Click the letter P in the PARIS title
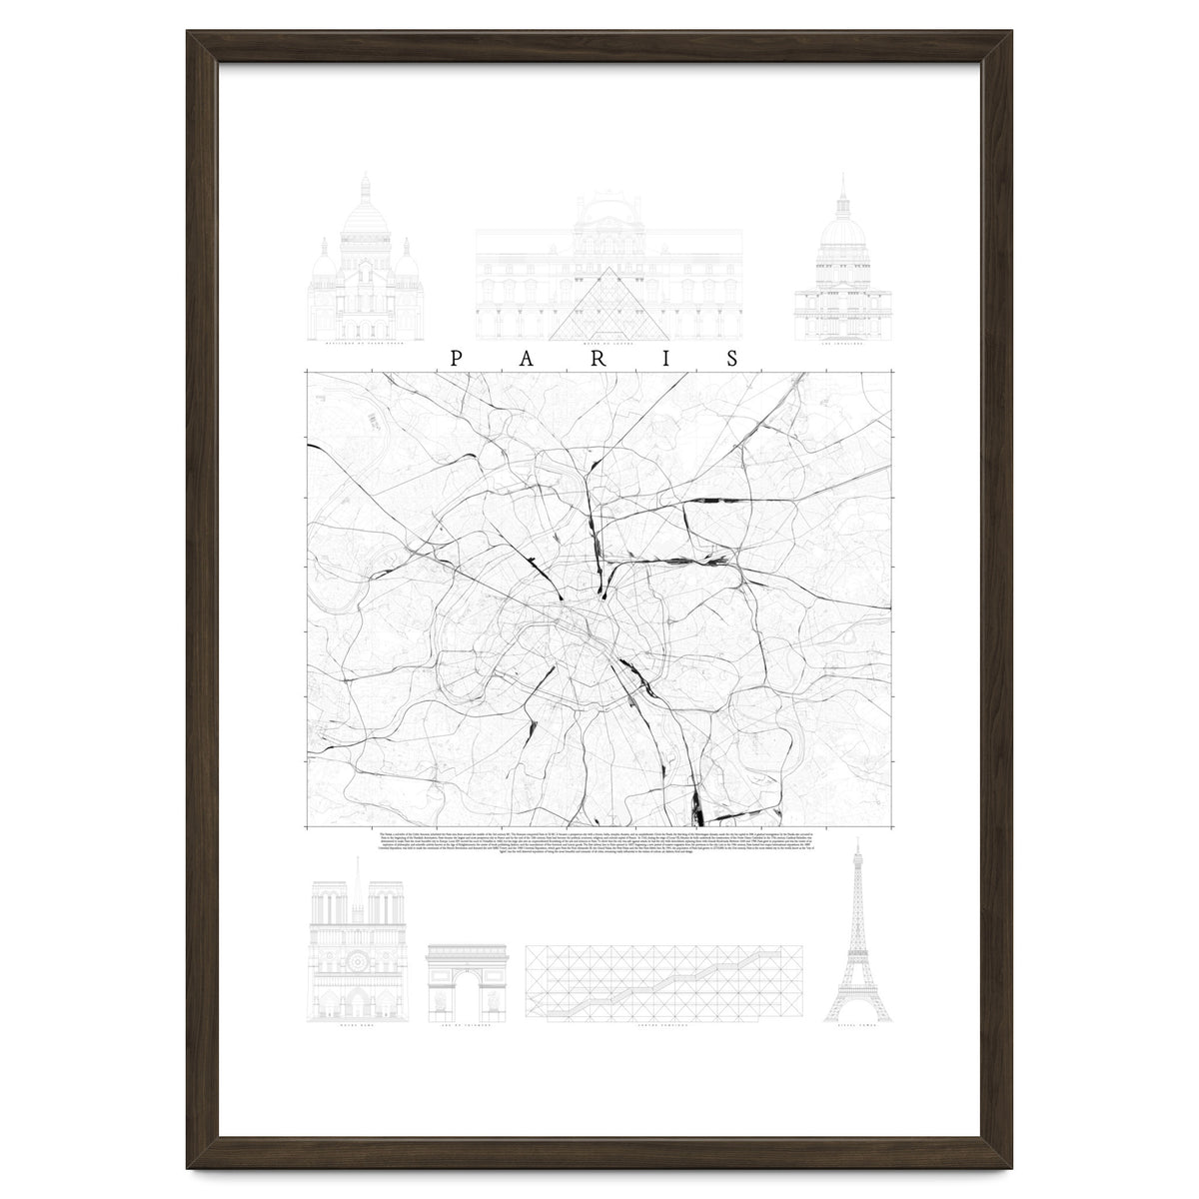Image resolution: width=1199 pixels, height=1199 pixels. pyautogui.click(x=457, y=359)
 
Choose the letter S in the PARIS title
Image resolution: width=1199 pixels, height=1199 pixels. pyautogui.click(x=735, y=359)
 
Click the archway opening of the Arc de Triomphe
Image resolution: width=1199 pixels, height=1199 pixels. pyautogui.click(x=467, y=1000)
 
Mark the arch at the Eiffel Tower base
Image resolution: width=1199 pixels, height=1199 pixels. pyautogui.click(x=856, y=1011)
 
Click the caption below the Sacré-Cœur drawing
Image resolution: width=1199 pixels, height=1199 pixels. pyautogui.click(x=365, y=343)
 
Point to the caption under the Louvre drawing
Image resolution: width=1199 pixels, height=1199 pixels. pyautogui.click(x=607, y=343)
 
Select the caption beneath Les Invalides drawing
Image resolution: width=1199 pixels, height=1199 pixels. pyautogui.click(x=842, y=343)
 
